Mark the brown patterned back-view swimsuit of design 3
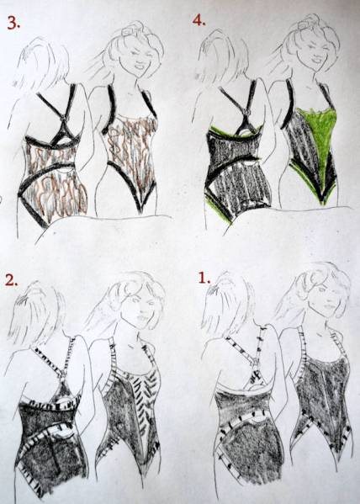pos(55,181)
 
